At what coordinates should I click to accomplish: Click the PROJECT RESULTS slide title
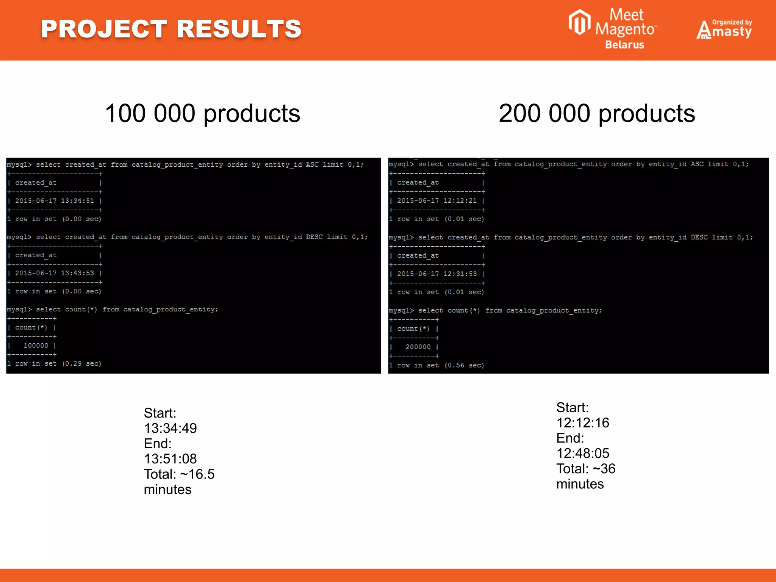(171, 29)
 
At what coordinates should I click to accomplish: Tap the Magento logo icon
(579, 22)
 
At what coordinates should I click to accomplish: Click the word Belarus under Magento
(624, 45)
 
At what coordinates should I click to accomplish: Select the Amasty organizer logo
(724, 29)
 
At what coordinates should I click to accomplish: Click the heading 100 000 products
(202, 113)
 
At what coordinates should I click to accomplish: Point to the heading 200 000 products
(597, 113)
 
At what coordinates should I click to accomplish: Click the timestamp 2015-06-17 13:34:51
(55, 201)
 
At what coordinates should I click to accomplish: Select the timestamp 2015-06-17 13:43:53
(55, 273)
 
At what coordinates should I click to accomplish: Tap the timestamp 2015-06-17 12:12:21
(437, 201)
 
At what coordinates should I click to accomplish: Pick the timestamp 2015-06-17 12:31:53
(437, 274)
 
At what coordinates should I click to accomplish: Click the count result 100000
(36, 346)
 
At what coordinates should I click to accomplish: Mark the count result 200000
(418, 347)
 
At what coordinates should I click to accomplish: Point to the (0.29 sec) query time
(82, 364)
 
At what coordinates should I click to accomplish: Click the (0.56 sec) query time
(464, 365)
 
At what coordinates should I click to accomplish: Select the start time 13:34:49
(171, 429)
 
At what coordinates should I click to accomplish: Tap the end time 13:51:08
(171, 459)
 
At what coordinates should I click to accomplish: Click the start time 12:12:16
(583, 423)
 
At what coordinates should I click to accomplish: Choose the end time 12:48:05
(583, 453)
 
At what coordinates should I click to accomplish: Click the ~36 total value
(604, 469)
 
